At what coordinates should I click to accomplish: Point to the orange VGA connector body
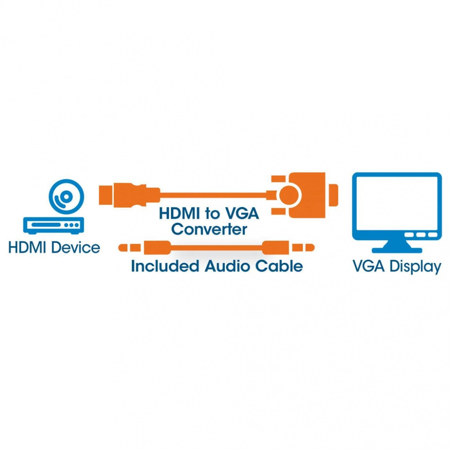(x=308, y=194)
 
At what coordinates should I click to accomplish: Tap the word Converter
(x=209, y=229)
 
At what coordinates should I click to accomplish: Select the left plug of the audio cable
(x=130, y=247)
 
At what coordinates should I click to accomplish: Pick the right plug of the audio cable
(x=301, y=247)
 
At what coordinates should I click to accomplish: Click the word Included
(x=165, y=266)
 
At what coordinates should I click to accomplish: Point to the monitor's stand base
(x=396, y=249)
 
